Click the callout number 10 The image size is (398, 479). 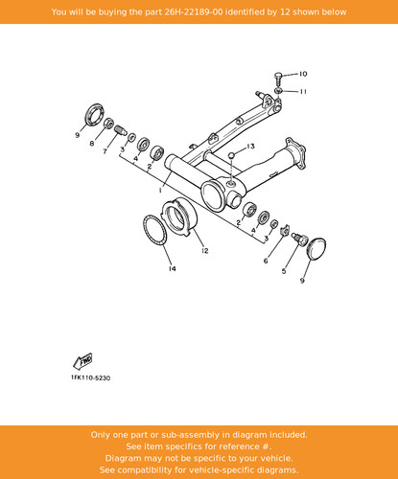point(303,74)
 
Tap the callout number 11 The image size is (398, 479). point(303,92)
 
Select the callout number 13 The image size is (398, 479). point(250,146)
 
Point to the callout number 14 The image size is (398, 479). point(173,268)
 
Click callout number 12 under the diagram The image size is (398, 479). point(205,251)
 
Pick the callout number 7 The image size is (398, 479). point(105,151)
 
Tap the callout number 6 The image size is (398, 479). point(266,261)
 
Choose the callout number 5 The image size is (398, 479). point(284,271)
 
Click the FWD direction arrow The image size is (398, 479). point(83,361)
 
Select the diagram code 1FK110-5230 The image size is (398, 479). point(91,378)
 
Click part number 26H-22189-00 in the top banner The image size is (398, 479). point(194,12)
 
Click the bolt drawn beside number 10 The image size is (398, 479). point(278,79)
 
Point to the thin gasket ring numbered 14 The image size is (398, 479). point(154,230)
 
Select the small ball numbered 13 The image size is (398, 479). point(232,155)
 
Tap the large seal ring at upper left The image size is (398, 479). point(95,114)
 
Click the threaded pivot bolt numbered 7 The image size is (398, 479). point(121,130)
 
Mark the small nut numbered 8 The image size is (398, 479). point(109,123)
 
